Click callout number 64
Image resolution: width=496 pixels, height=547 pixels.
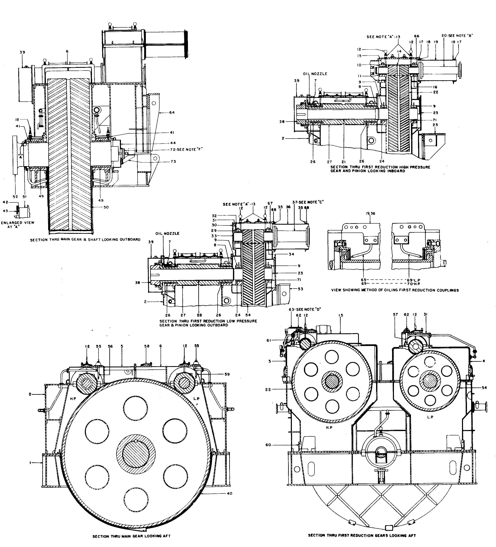[172, 112]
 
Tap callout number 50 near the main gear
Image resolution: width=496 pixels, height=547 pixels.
[106, 207]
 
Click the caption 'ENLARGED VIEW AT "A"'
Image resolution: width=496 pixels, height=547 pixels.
[18, 224]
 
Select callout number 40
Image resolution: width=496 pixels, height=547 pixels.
[229, 493]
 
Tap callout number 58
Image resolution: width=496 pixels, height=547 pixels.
[147, 346]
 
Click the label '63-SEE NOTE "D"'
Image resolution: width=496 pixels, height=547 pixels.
[305, 309]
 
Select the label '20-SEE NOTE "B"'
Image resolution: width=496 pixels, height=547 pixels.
[457, 35]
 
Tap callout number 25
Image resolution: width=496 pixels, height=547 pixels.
[435, 125]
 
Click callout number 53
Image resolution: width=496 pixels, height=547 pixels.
[300, 289]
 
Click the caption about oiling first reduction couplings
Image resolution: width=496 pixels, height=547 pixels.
[395, 290]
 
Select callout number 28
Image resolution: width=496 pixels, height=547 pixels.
[199, 315]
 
